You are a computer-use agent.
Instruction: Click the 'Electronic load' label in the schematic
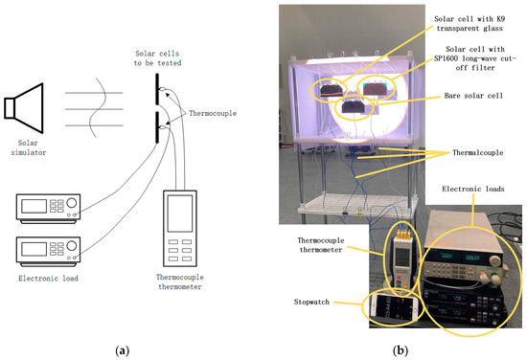(49, 278)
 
